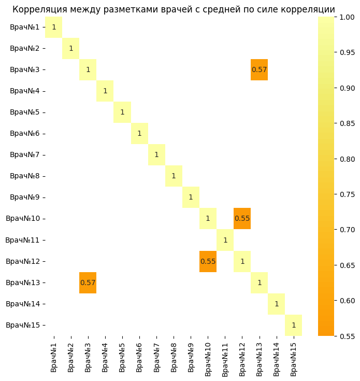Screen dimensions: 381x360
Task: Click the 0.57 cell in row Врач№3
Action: coord(259,69)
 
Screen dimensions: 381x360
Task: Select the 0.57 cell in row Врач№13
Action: coord(88,283)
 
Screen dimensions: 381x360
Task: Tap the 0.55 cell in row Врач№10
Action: coord(242,218)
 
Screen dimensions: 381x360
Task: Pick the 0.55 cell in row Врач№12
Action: coord(208,261)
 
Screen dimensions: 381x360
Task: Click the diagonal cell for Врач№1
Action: coord(54,27)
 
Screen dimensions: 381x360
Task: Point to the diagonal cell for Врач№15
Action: coord(293,325)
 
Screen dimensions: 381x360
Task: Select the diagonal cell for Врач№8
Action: coord(174,176)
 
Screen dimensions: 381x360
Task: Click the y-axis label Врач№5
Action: coord(25,112)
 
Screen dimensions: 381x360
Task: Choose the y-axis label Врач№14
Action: coord(23,304)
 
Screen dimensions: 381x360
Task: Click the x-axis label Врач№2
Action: coord(71,357)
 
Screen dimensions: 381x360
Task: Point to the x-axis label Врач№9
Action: coord(191,357)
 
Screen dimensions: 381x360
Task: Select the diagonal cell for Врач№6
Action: coord(139,133)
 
